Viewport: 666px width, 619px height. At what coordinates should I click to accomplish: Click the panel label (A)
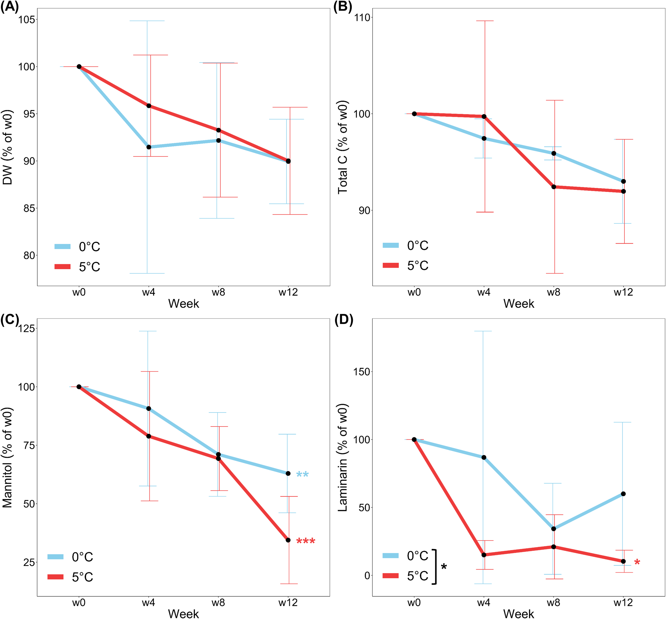pyautogui.click(x=9, y=7)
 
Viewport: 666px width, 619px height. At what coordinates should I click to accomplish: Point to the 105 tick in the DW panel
pyautogui.click(x=26, y=20)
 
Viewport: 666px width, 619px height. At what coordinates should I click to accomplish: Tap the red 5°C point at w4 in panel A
pyautogui.click(x=149, y=106)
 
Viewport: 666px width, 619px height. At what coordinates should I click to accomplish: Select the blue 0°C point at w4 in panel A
pyautogui.click(x=149, y=147)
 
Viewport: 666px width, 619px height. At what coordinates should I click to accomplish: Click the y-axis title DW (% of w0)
pyautogui.click(x=7, y=147)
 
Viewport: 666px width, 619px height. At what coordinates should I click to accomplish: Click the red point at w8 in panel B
pyautogui.click(x=554, y=187)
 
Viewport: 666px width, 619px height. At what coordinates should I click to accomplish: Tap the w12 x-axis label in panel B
pyautogui.click(x=623, y=293)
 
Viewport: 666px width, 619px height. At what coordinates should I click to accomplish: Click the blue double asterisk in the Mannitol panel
pyautogui.click(x=302, y=475)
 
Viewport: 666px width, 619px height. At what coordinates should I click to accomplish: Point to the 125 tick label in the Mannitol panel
pyautogui.click(x=26, y=329)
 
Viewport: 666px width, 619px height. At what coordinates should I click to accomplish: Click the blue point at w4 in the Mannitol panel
pyautogui.click(x=148, y=408)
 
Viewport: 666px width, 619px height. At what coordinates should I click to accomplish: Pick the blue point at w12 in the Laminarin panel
pyautogui.click(x=623, y=494)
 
